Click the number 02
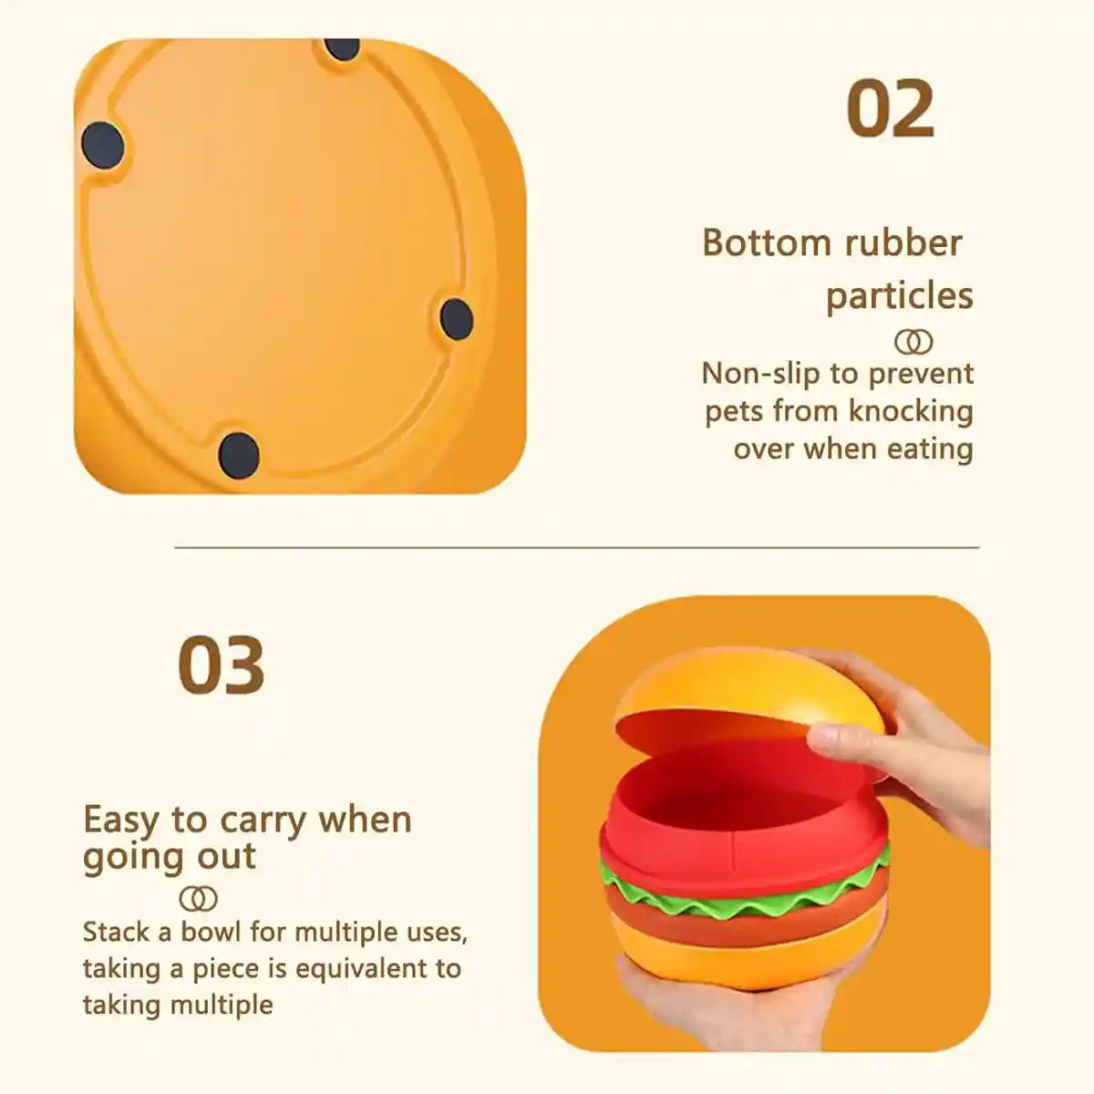click(x=891, y=109)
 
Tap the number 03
click(x=222, y=666)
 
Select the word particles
click(x=899, y=296)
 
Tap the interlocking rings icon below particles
click(x=913, y=343)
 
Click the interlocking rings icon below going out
click(x=199, y=899)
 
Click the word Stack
click(x=116, y=932)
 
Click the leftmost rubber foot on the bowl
click(x=102, y=144)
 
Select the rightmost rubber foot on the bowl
click(x=456, y=318)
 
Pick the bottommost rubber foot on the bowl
click(x=239, y=452)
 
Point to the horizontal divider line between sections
click(x=576, y=548)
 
